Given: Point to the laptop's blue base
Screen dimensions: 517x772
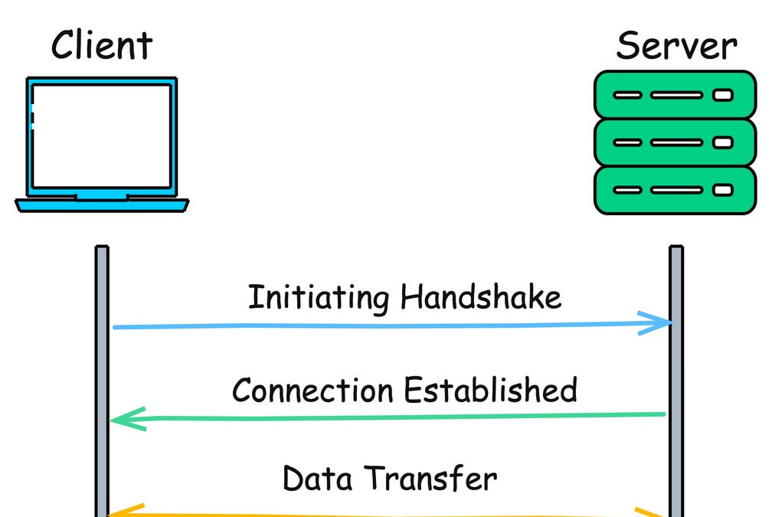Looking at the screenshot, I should click(x=101, y=205).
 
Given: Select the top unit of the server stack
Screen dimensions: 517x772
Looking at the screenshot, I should click(x=675, y=95).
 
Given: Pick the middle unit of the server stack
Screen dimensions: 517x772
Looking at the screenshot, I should click(x=675, y=142).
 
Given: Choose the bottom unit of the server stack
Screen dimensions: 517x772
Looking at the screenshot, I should click(x=675, y=190).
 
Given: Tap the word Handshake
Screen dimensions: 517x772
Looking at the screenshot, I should click(x=481, y=297).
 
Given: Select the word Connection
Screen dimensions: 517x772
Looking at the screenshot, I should click(x=314, y=390).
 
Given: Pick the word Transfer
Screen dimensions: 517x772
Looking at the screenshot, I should click(x=430, y=479).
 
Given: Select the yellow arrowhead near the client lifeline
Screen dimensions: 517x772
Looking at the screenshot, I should click(x=126, y=511).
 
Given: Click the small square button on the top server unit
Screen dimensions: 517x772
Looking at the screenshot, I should click(x=722, y=96).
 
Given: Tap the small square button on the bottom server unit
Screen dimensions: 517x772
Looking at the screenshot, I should click(x=722, y=190).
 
